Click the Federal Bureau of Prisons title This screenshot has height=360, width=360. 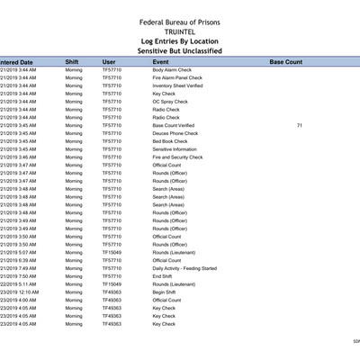(179, 22)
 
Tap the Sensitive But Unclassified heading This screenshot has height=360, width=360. (179, 51)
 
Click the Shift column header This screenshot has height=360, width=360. (72, 62)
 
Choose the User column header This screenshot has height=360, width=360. (109, 62)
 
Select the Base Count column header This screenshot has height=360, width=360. (286, 62)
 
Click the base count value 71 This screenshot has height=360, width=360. (299, 125)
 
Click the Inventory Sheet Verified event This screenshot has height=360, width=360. (176, 85)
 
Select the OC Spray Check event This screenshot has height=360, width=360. (170, 102)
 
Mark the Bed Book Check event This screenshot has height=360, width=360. (170, 141)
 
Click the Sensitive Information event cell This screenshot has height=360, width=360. (175, 149)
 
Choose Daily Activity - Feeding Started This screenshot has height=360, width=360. (184, 268)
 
